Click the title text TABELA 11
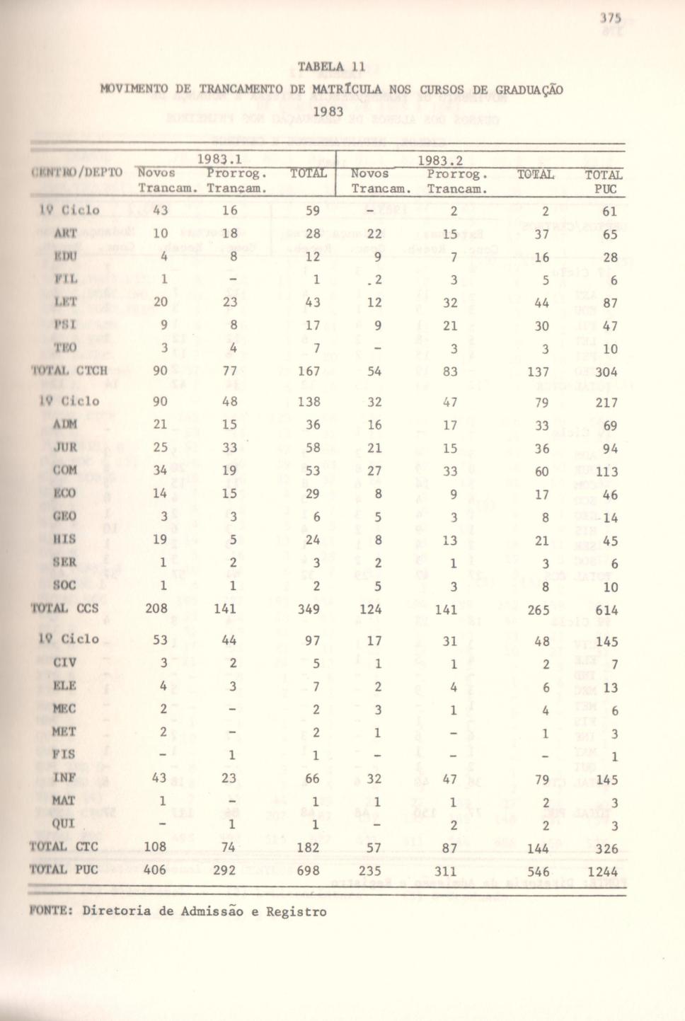click(331, 67)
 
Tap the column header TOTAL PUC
click(604, 182)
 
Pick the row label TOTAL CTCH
click(69, 369)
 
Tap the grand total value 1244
click(602, 872)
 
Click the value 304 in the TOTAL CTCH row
click(606, 371)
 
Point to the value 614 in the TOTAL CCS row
click(606, 610)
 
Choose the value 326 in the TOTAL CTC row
click(606, 848)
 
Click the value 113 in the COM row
click(606, 473)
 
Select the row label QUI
click(64, 824)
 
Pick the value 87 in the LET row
click(610, 304)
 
